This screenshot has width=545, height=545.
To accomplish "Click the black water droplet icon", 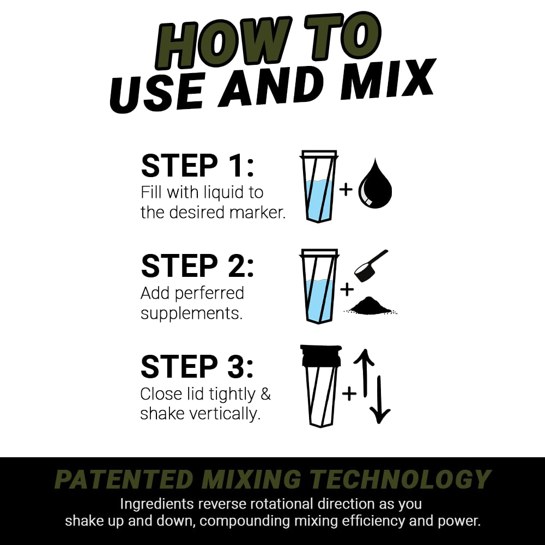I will coord(375,185).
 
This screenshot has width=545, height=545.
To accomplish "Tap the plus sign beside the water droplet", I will coord(346,190).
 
